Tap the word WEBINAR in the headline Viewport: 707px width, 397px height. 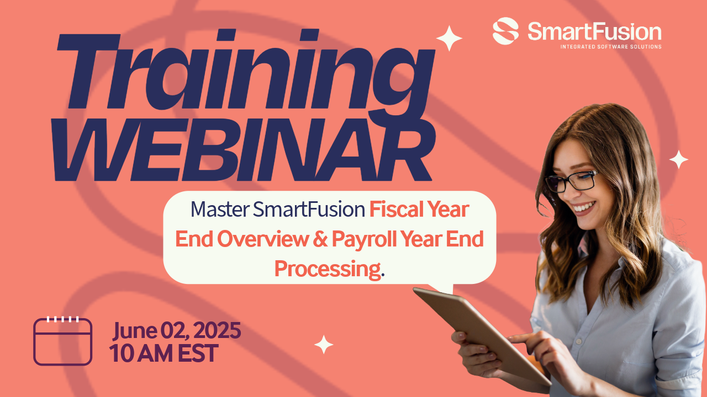coord(244,149)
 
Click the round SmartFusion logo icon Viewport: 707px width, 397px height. coord(505,31)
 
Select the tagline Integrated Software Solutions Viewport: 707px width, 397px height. coord(611,47)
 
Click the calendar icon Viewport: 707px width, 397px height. coord(62,341)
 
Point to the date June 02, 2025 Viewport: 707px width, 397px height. coord(177,331)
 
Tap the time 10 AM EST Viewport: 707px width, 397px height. coord(163,353)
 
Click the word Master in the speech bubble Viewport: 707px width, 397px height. coord(220,209)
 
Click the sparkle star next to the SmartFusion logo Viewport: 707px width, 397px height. coord(449,39)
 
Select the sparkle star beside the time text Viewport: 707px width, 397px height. coord(324,345)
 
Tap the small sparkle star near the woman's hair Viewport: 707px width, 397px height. coord(679,159)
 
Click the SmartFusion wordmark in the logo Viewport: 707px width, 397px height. coord(594,31)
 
